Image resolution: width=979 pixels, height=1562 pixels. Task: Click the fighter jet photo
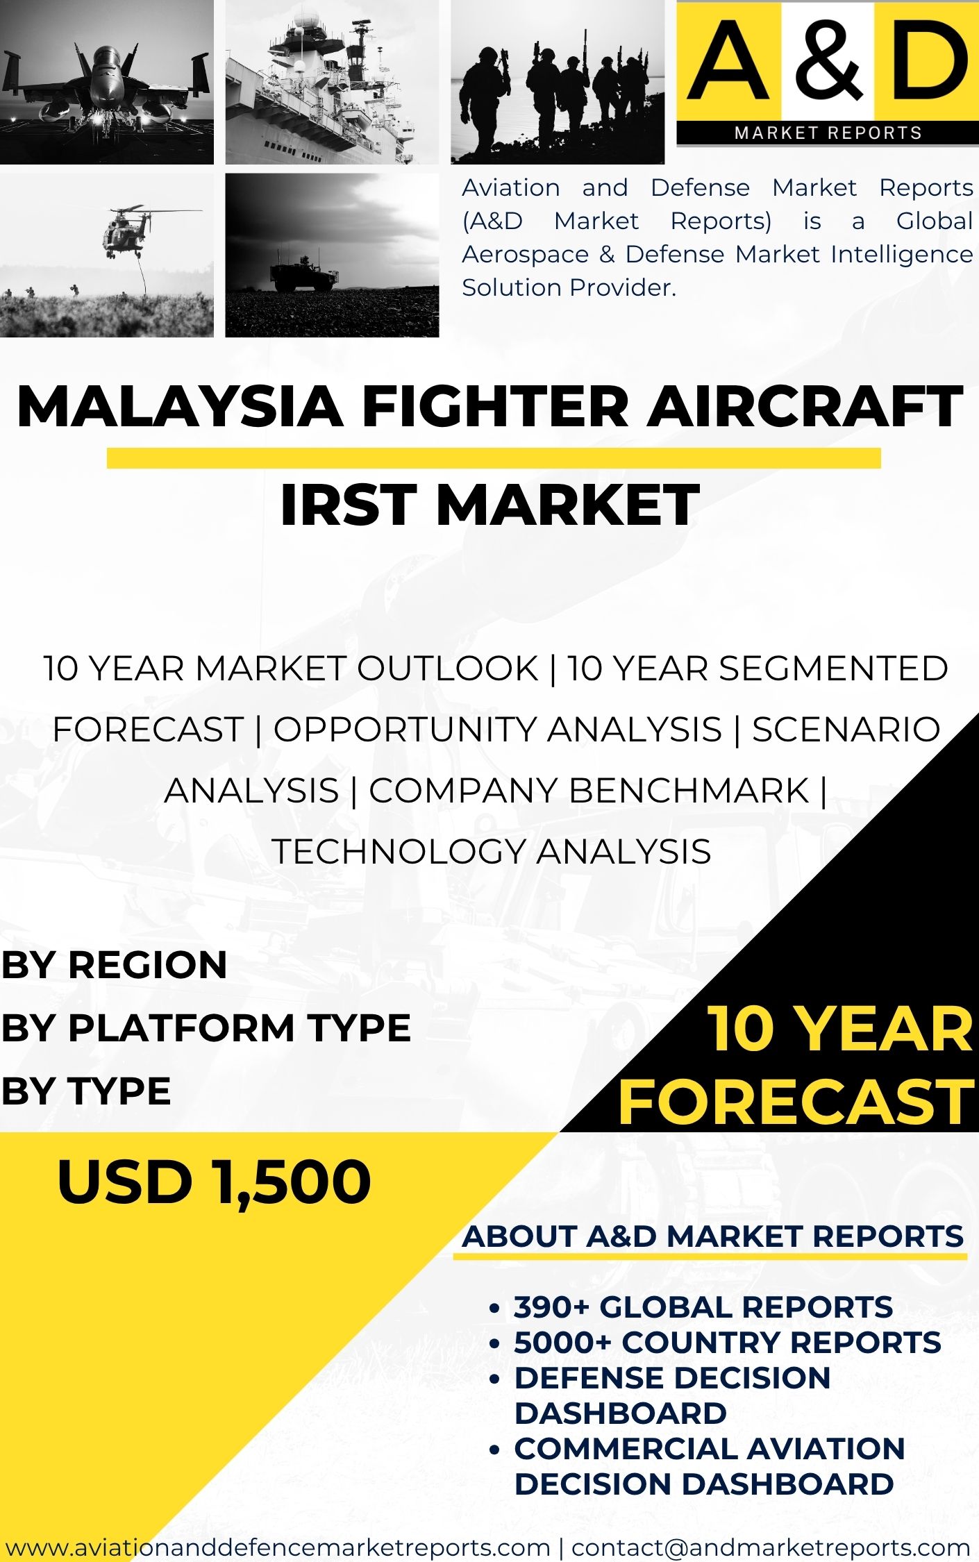click(107, 82)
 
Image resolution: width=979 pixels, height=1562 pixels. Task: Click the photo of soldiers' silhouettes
click(558, 82)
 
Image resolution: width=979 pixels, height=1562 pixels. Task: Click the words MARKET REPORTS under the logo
click(828, 133)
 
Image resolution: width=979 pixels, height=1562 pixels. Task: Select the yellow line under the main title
click(494, 458)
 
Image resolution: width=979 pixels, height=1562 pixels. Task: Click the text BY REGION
click(115, 965)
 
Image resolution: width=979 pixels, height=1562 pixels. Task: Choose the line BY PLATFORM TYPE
click(206, 1027)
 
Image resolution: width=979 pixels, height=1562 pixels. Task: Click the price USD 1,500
click(215, 1182)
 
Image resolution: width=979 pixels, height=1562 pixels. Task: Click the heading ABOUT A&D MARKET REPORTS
click(713, 1236)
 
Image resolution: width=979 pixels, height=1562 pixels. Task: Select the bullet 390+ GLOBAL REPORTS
click(703, 1307)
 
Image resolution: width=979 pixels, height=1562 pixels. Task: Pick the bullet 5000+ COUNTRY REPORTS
click(728, 1343)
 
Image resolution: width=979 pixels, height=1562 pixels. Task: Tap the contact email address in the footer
click(771, 1547)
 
